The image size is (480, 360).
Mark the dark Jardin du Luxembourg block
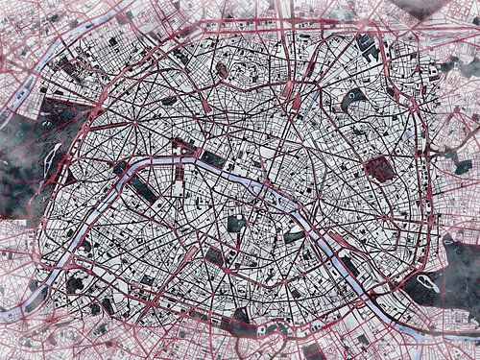[x=235, y=225]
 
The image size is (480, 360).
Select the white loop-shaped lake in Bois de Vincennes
[x=423, y=283]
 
